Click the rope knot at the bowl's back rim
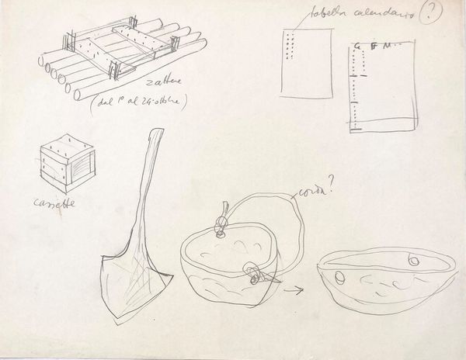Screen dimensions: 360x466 [x=222, y=228]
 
